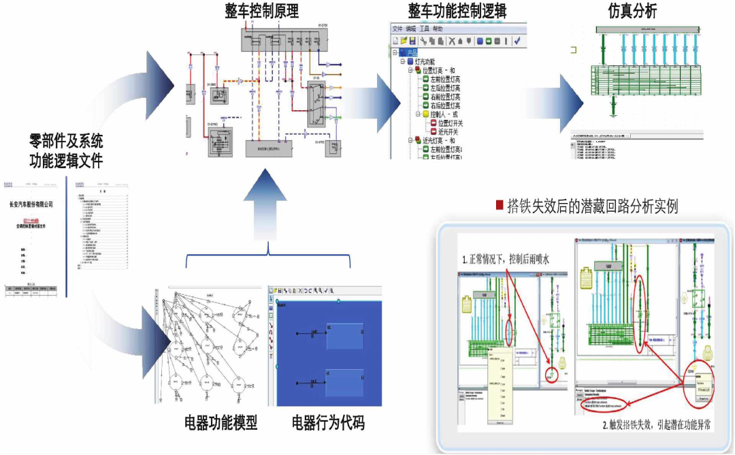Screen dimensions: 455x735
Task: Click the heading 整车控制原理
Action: pyautogui.click(x=262, y=12)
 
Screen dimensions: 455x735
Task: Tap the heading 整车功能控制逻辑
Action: pyautogui.click(x=457, y=12)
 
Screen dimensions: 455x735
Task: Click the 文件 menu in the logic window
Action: pyautogui.click(x=397, y=29)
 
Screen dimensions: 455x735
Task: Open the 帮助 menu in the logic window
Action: pyautogui.click(x=438, y=29)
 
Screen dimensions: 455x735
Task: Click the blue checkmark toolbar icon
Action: pyautogui.click(x=517, y=41)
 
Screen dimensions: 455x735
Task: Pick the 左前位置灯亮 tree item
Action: pyautogui.click(x=445, y=80)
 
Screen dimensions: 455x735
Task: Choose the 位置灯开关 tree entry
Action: pyautogui.click(x=450, y=123)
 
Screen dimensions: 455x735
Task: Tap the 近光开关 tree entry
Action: pyautogui.click(x=450, y=132)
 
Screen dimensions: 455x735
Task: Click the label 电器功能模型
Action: pyautogui.click(x=221, y=423)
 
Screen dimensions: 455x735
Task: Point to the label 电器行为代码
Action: pyautogui.click(x=328, y=423)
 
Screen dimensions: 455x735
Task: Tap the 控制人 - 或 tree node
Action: pyautogui.click(x=442, y=114)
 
